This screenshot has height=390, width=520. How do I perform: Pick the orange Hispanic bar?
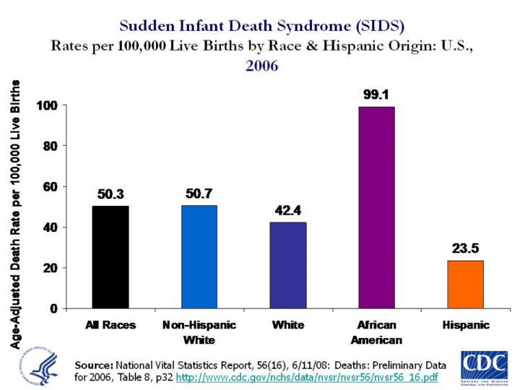click(466, 284)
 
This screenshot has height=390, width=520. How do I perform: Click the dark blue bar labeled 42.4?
click(287, 264)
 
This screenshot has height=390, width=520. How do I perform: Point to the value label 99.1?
click(376, 94)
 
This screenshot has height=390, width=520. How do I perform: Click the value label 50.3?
click(110, 194)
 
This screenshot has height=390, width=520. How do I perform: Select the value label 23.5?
click(466, 248)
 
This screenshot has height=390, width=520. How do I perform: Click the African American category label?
click(376, 332)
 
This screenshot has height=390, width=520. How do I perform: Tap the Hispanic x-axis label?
click(466, 325)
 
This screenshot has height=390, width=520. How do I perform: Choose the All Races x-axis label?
click(110, 325)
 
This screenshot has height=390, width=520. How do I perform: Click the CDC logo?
click(485, 366)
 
